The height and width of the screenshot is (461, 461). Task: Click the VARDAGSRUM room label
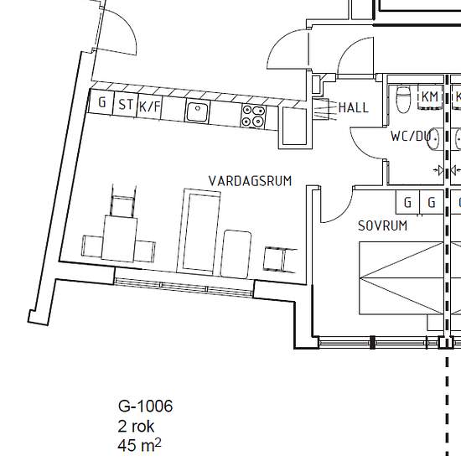pyautogui.click(x=251, y=181)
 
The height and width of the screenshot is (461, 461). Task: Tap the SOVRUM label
pyautogui.click(x=383, y=225)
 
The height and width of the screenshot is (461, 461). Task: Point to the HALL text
pyautogui.click(x=354, y=107)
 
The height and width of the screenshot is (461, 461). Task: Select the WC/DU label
pyautogui.click(x=411, y=136)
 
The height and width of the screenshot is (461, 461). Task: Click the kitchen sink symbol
pyautogui.click(x=197, y=111)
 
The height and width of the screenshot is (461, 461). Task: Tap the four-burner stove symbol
pyautogui.click(x=253, y=117)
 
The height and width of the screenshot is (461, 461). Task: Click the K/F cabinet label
pyautogui.click(x=149, y=106)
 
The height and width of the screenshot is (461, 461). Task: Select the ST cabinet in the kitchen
pyautogui.click(x=126, y=104)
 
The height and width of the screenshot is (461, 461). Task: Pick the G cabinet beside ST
pyautogui.click(x=101, y=102)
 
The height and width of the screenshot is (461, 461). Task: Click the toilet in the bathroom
pyautogui.click(x=403, y=98)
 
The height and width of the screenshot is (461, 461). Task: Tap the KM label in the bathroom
pyautogui.click(x=430, y=96)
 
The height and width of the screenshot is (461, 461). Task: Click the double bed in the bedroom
pyautogui.click(x=401, y=278)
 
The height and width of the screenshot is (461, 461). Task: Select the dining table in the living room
pyautogui.click(x=119, y=238)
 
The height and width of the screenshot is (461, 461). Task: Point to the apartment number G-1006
pyautogui.click(x=145, y=406)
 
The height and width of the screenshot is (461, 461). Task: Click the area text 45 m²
pyautogui.click(x=139, y=446)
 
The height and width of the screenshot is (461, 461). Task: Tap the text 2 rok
pyautogui.click(x=136, y=426)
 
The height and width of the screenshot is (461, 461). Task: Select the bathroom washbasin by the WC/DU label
pyautogui.click(x=433, y=139)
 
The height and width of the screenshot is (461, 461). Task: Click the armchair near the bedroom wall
pyautogui.click(x=279, y=259)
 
